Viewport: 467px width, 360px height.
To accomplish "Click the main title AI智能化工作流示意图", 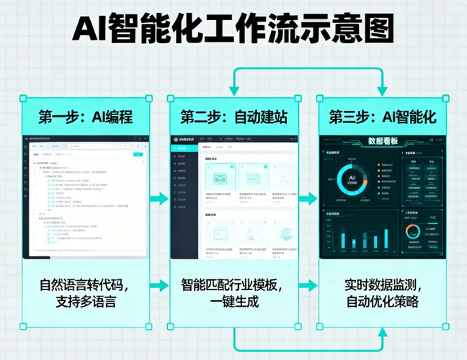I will click(233, 30).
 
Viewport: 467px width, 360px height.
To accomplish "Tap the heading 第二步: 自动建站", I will click(234, 117).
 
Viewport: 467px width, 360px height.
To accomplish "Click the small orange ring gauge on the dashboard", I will click(414, 231).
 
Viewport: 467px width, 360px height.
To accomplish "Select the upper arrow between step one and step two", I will click(159, 198).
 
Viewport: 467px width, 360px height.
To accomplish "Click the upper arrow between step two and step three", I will click(308, 198).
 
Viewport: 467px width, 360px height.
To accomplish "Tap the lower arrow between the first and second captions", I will click(159, 286).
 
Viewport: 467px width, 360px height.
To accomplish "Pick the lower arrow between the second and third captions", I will click(308, 286).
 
